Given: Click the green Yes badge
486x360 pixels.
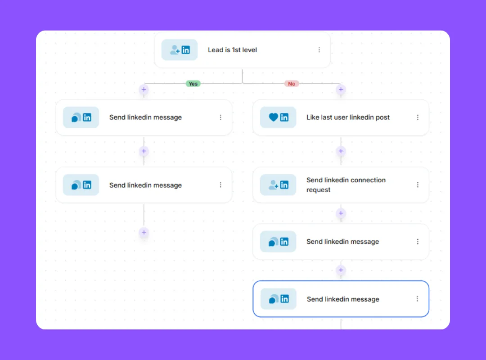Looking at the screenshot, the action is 193,84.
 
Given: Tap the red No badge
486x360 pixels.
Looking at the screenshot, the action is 292,84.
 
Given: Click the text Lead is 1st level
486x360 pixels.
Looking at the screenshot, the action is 232,50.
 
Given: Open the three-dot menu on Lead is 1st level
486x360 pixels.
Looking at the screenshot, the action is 319,50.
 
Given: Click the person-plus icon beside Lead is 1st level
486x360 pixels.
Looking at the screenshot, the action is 175,49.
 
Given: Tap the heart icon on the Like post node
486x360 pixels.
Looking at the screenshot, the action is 274,117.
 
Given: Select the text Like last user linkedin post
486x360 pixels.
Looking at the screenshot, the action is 348,117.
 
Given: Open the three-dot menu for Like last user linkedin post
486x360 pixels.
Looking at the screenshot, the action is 418,117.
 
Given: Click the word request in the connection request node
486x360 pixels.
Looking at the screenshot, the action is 318,190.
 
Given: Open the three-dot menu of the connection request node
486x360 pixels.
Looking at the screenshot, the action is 418,185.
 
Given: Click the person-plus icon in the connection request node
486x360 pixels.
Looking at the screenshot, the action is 274,185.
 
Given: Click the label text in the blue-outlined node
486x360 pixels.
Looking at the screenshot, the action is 343,299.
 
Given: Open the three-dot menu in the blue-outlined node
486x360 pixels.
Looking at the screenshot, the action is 417,299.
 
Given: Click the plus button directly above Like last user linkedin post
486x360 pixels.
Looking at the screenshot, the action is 341,90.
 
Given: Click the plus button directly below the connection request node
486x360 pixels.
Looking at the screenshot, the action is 341,213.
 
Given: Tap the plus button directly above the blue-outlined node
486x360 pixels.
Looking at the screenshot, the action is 341,270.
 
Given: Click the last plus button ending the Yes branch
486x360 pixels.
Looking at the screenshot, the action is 144,233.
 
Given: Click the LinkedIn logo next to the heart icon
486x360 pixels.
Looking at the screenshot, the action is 284,117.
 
